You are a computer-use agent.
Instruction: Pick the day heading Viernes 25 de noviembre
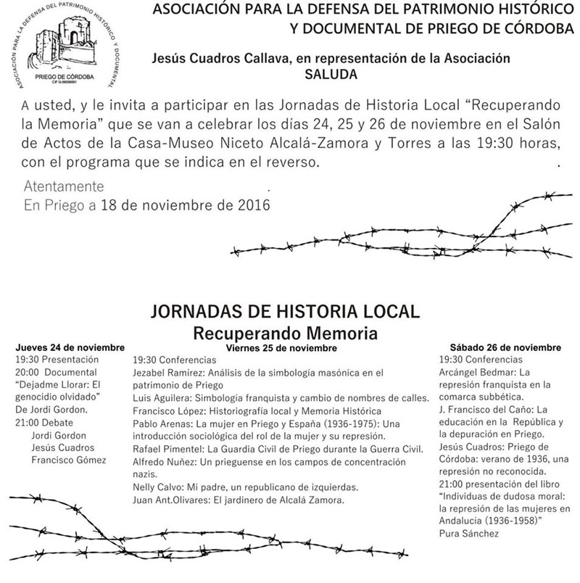click(x=281, y=348)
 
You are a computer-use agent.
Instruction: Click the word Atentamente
click(x=64, y=186)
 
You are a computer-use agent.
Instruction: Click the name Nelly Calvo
click(x=157, y=487)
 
